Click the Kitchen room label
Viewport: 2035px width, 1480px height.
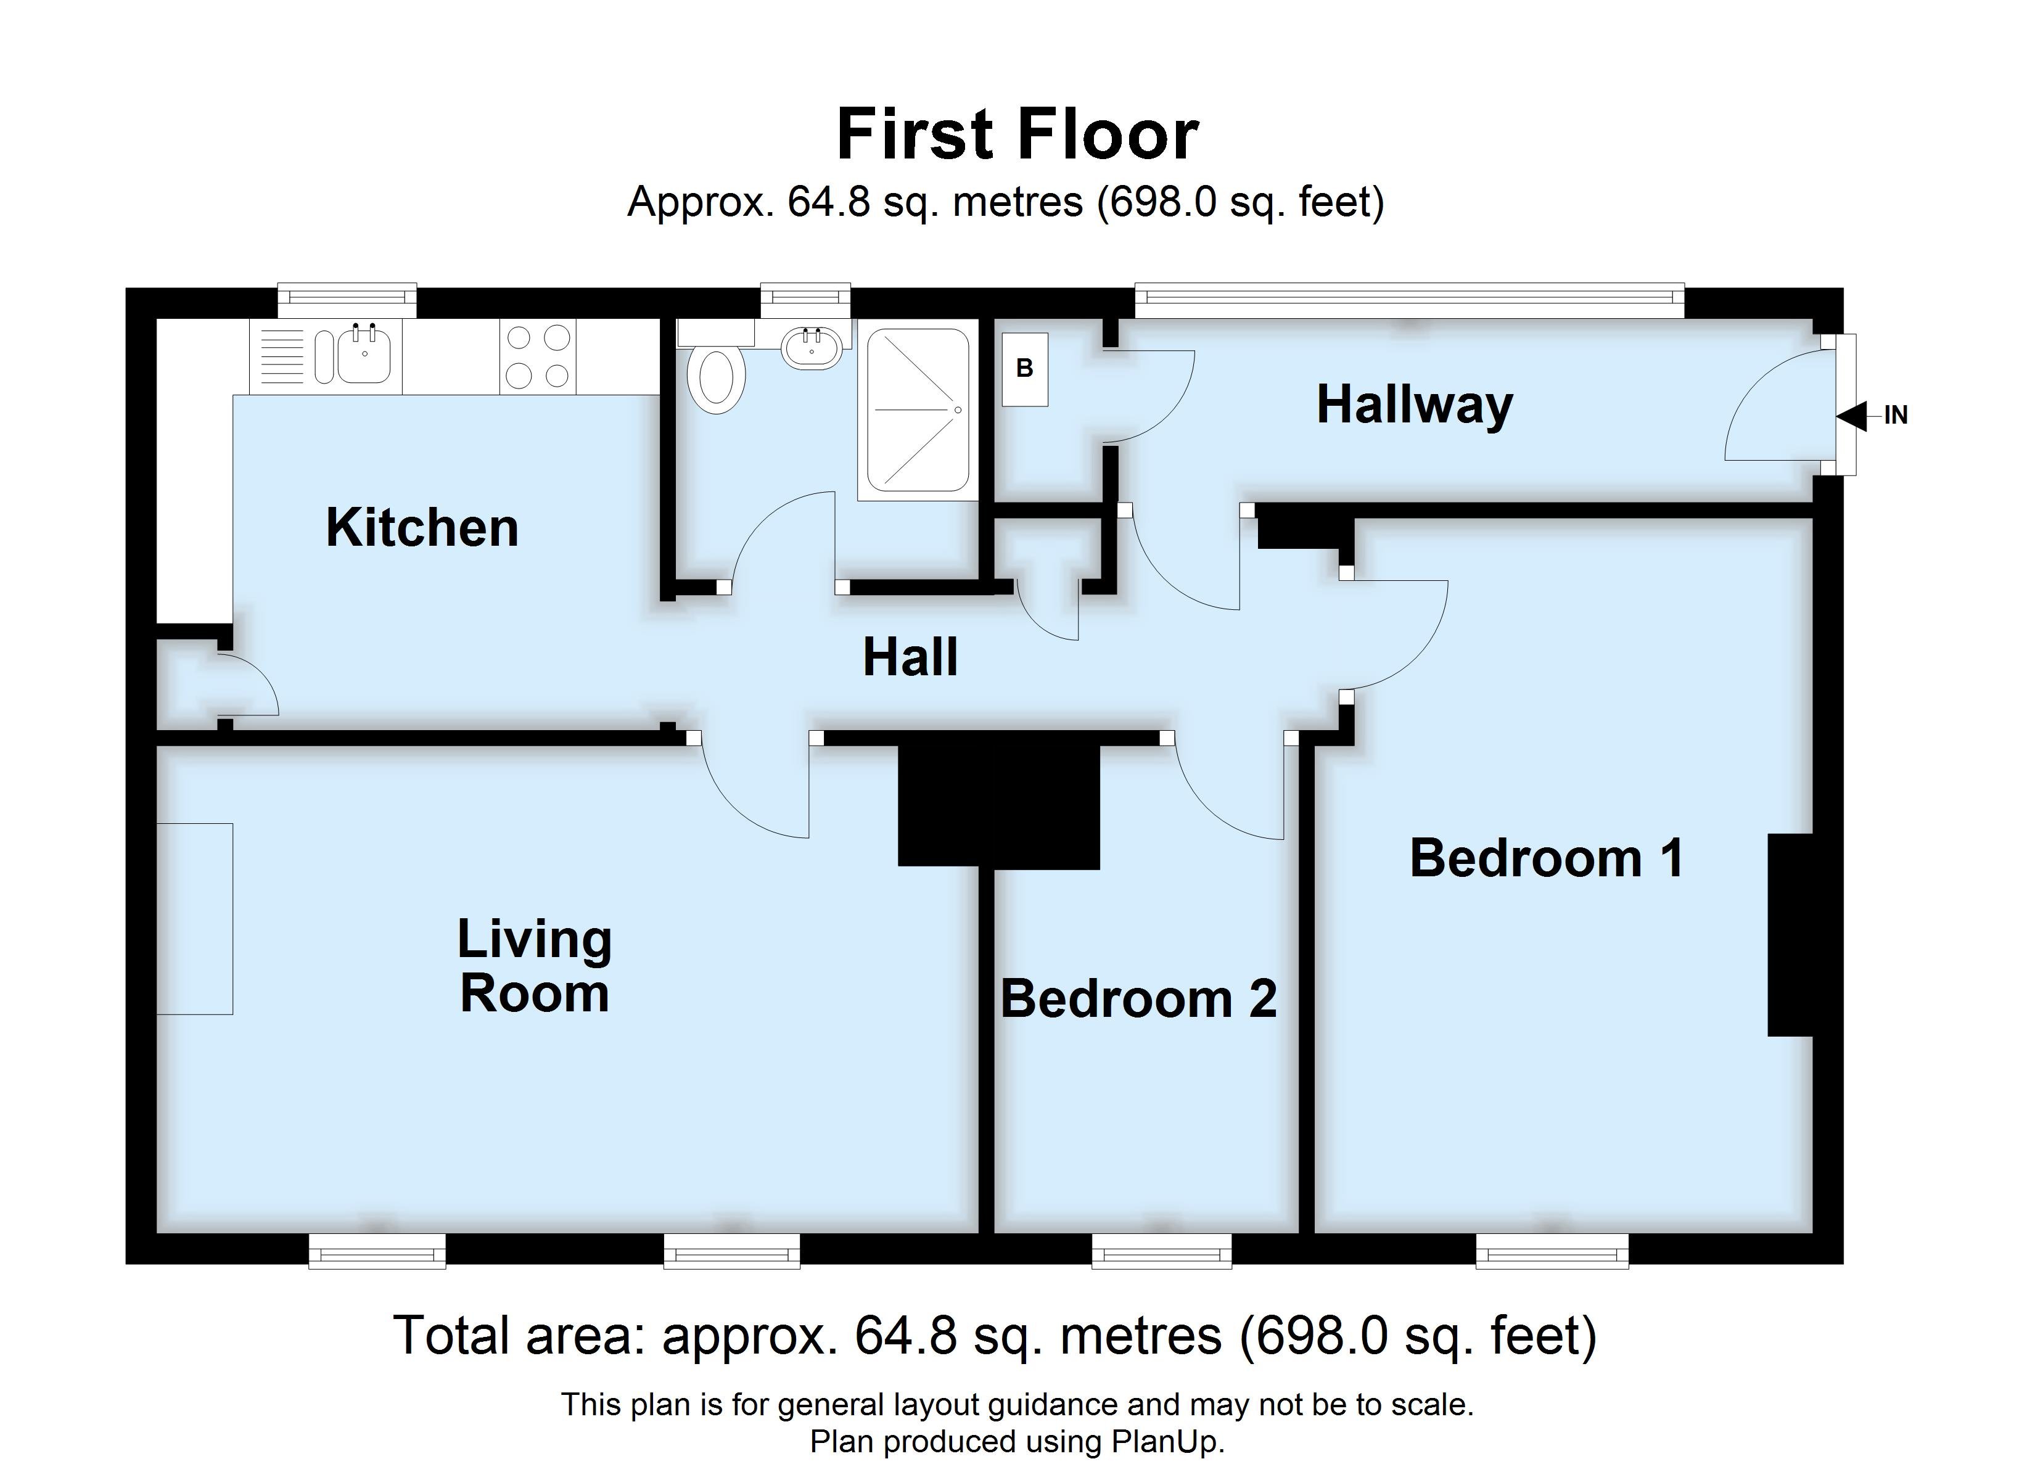[422, 528]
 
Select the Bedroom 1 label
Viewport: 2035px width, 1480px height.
[1546, 858]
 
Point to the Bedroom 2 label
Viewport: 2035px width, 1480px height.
[1138, 999]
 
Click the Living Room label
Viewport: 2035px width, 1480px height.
[534, 966]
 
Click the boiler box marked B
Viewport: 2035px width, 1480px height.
[1024, 368]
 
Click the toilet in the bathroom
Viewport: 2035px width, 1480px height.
[715, 380]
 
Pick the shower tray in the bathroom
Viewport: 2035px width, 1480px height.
[917, 410]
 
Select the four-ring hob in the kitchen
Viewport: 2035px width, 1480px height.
[538, 356]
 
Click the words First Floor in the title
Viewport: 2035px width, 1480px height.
[1017, 134]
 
